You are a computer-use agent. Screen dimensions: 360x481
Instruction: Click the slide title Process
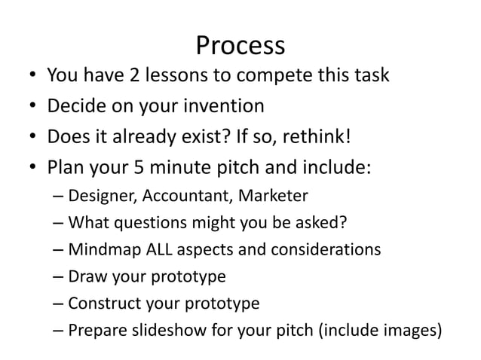(x=240, y=47)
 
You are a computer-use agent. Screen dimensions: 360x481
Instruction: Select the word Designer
(x=97, y=197)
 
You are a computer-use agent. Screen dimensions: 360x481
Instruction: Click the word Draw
(x=84, y=276)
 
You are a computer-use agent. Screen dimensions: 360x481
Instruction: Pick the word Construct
(x=102, y=303)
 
